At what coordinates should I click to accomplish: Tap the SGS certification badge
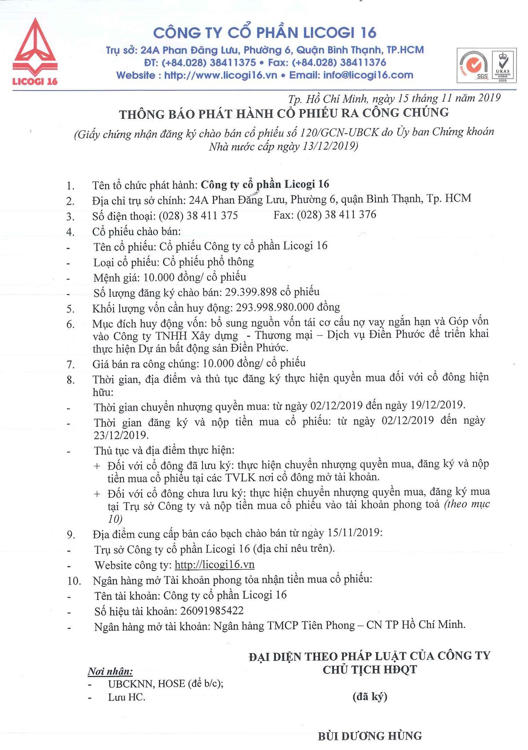pyautogui.click(x=473, y=66)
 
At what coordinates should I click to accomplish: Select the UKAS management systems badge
pyautogui.click(x=502, y=66)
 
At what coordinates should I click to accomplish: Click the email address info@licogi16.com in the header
pyautogui.click(x=368, y=75)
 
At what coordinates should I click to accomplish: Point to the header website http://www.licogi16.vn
pyautogui.click(x=220, y=75)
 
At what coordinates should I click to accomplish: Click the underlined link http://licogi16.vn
pyautogui.click(x=215, y=565)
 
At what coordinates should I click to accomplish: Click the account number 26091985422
pyautogui.click(x=212, y=611)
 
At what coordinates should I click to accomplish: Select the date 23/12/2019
pyautogui.click(x=121, y=435)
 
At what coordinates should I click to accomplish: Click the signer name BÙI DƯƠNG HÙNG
pyautogui.click(x=370, y=736)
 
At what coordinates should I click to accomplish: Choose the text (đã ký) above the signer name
pyautogui.click(x=370, y=697)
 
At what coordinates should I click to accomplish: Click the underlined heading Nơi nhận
pyautogui.click(x=110, y=671)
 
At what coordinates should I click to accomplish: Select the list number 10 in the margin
pyautogui.click(x=74, y=581)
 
